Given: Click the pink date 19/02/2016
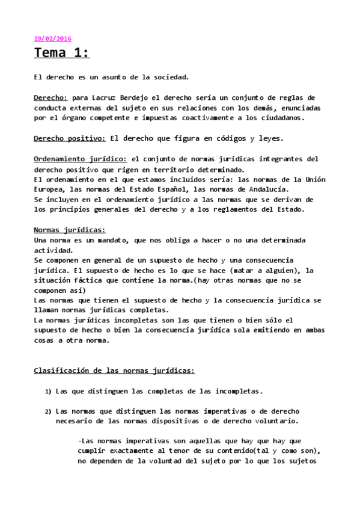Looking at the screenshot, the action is pos(52,38).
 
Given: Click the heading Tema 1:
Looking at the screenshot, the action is pos(61,54).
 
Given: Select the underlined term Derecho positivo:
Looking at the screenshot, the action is pos(70,138).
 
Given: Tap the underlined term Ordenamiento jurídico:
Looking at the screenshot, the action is pos(81,159).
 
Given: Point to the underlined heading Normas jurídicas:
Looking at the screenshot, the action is pos(70,230).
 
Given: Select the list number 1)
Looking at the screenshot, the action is pos(48,392).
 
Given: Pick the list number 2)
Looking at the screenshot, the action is pos(48,412).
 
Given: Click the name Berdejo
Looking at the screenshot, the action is pos(145,97).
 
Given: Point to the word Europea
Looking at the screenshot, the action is pos(50,189).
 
